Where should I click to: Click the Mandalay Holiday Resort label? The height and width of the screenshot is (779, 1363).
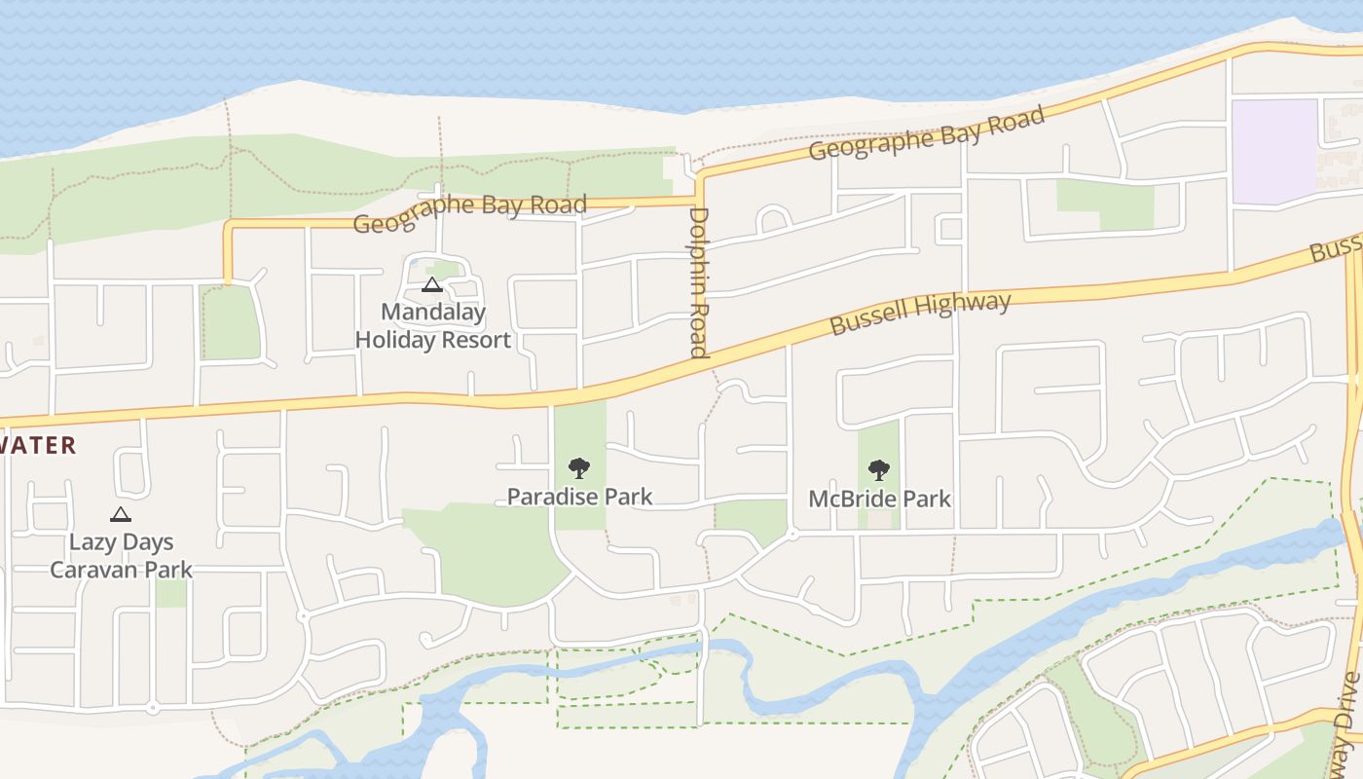pos(432,326)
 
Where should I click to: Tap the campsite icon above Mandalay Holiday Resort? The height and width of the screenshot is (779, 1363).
pos(432,285)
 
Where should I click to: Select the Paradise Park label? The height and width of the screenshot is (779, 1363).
pos(579,497)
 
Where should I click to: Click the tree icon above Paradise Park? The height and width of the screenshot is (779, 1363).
pos(579,468)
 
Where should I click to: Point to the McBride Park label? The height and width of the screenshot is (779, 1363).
pos(879,499)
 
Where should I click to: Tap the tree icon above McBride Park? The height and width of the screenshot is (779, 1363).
pos(879,470)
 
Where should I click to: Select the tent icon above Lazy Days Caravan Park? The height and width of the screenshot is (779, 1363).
pos(121,514)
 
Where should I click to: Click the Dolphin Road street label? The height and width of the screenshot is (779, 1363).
pos(698,282)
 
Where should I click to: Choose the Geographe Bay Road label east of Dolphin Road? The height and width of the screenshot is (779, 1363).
pos(926,133)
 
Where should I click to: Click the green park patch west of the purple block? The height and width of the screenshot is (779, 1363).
pos(1105,203)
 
